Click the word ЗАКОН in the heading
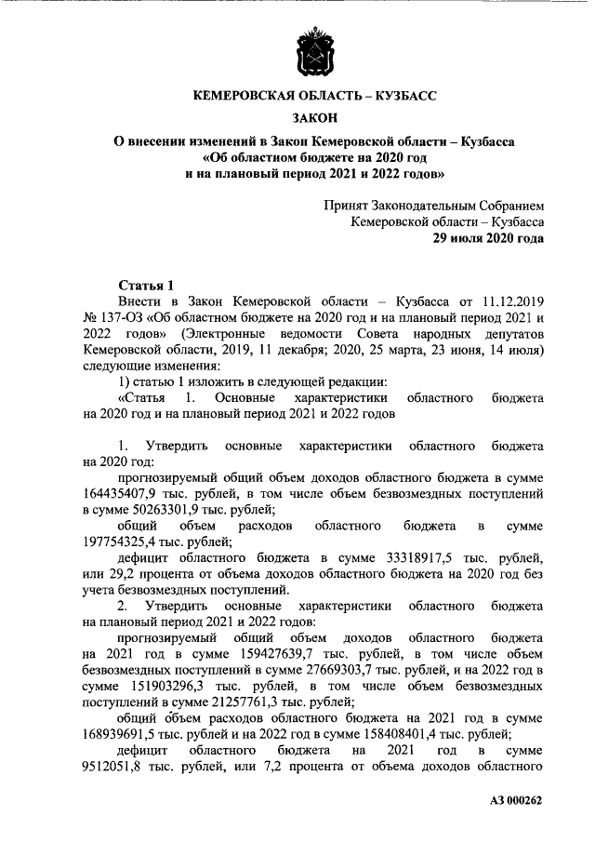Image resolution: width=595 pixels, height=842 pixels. [x=316, y=118]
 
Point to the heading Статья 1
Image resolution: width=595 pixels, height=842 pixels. [x=147, y=285]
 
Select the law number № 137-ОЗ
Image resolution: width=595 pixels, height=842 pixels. [x=112, y=318]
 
